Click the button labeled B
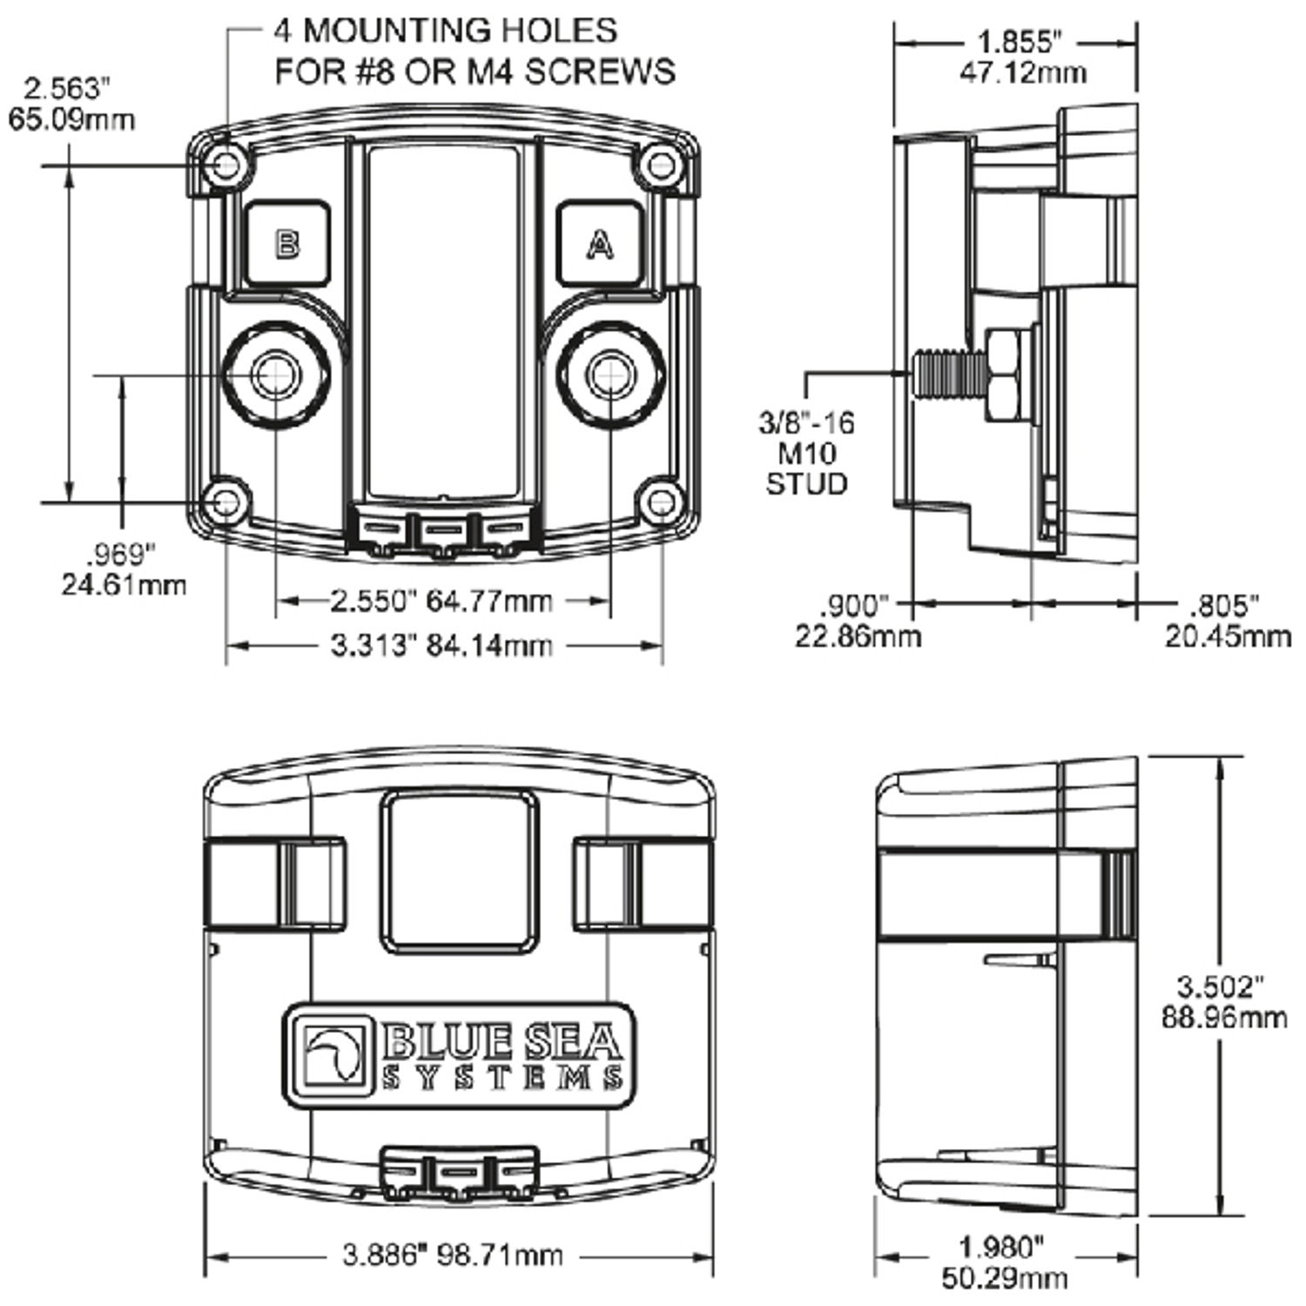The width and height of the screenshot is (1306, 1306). [287, 244]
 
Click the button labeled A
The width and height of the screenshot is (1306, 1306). [599, 244]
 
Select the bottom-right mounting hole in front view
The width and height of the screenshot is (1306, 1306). [661, 503]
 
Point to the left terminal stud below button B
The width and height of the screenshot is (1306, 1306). [276, 374]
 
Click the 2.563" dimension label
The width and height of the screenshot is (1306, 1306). [71, 103]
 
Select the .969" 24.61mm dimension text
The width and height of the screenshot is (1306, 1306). [124, 569]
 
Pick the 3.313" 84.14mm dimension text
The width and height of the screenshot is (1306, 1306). [441, 646]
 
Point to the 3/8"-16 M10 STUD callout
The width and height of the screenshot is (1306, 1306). [806, 453]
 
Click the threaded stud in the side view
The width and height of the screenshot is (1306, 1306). [946, 374]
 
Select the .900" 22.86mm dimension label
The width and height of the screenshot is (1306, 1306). [857, 621]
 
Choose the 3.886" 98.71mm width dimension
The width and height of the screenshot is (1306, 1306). [453, 1256]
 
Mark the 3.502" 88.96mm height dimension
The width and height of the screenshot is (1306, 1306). [1223, 1001]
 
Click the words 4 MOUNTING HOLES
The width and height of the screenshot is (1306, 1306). [446, 30]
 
